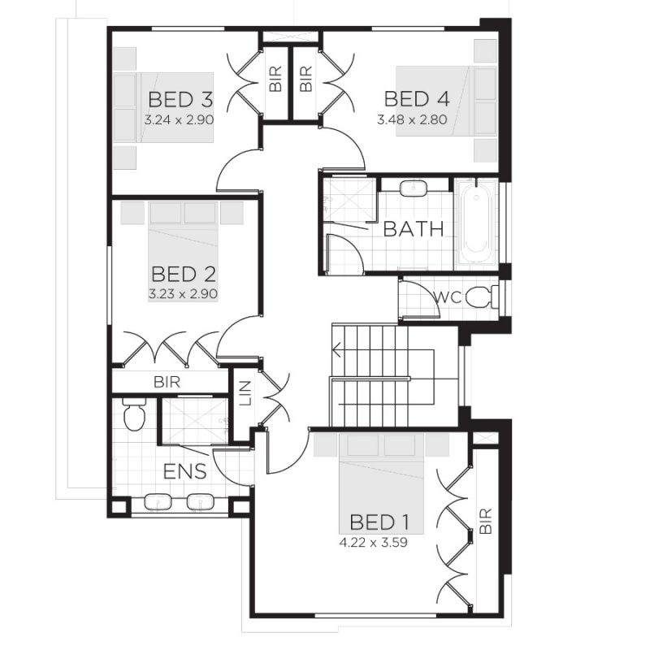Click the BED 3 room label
[180, 100]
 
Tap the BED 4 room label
[416, 99]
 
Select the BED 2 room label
[184, 273]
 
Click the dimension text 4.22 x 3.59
[373, 539]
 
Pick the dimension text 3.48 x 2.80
[413, 119]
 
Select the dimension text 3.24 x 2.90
[179, 119]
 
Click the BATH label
[414, 229]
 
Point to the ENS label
[184, 472]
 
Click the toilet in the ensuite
[133, 415]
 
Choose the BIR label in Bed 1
[486, 521]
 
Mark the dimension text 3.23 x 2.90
[184, 292]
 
